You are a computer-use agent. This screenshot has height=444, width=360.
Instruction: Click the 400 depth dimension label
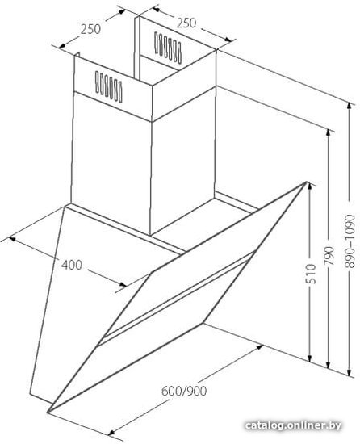[x=72, y=265]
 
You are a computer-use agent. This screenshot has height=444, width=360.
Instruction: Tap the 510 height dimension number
[x=311, y=274]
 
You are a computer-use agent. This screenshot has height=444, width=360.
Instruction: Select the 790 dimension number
[x=329, y=256]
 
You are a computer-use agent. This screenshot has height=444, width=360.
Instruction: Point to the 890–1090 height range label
[x=350, y=241]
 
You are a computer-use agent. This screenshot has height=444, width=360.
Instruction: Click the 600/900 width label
[x=184, y=391]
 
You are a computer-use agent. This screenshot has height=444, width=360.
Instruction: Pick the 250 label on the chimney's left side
[x=90, y=29]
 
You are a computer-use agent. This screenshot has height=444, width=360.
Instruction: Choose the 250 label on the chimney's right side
[x=186, y=23]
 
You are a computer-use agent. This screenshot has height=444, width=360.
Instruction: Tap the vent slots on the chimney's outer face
[x=109, y=87]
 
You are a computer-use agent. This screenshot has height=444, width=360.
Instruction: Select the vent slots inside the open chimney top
[x=168, y=48]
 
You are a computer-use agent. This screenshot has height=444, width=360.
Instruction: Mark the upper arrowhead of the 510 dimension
[x=309, y=186]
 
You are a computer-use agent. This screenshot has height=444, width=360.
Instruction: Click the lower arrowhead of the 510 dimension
[x=310, y=358]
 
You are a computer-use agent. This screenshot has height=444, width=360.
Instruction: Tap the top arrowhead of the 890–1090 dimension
[x=350, y=106]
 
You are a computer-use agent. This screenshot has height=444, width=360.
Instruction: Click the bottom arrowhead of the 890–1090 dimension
[x=350, y=371]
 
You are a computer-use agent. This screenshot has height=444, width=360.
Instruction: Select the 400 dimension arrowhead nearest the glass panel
[x=123, y=284]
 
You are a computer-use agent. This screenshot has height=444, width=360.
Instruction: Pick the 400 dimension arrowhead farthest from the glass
[x=12, y=239]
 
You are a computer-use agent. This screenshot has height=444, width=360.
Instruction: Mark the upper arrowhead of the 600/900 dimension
[x=260, y=346]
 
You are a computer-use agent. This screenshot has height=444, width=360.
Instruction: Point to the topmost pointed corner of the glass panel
[x=307, y=182]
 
